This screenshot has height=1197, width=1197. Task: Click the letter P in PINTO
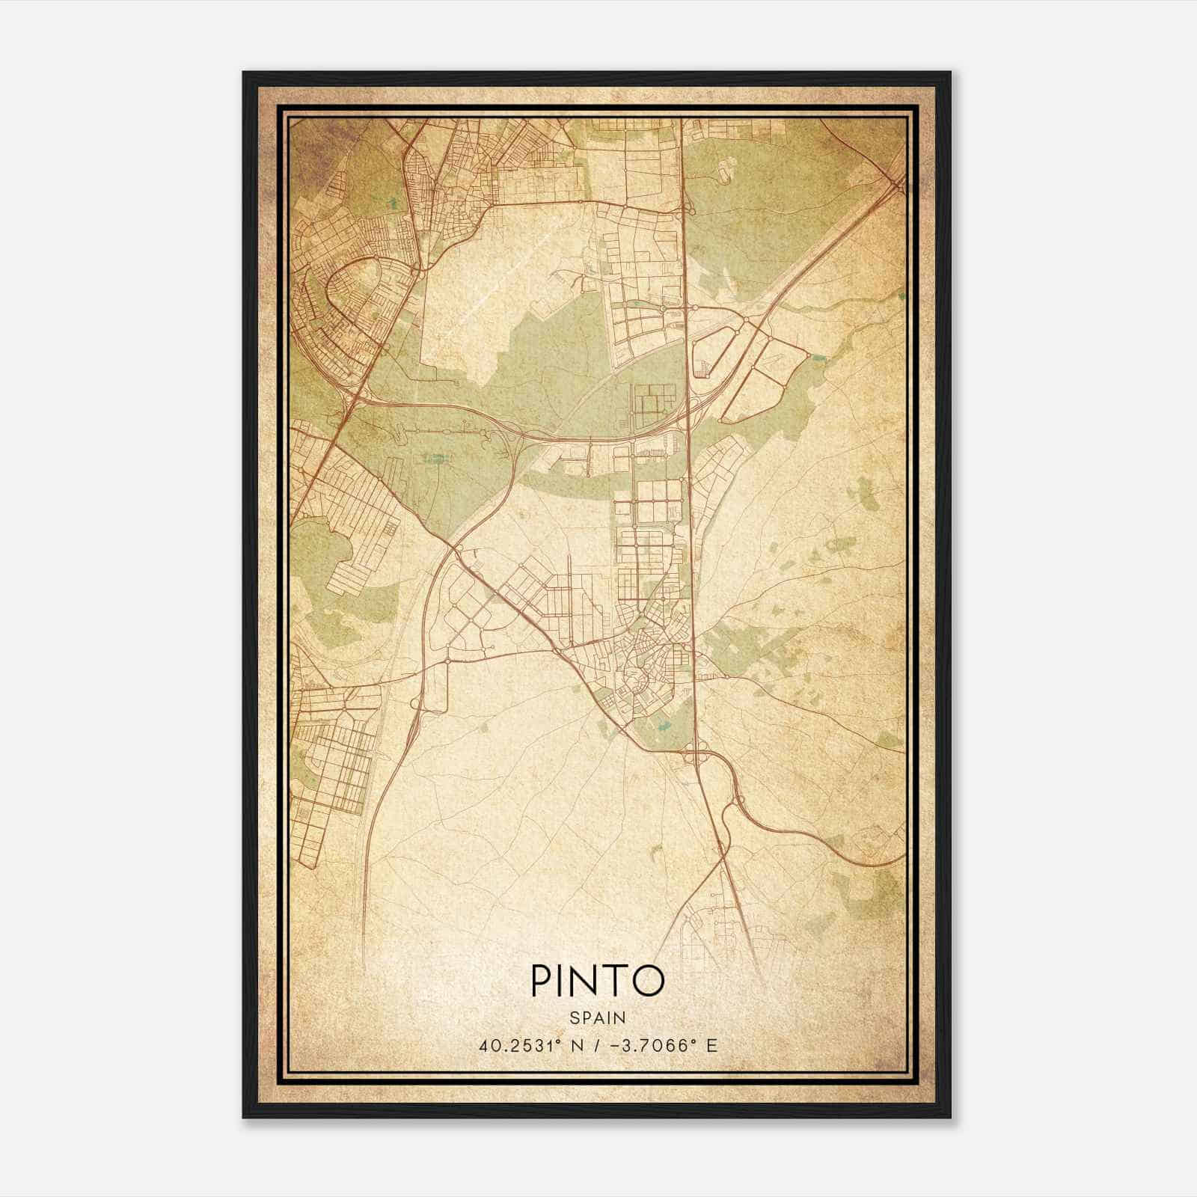(x=542, y=981)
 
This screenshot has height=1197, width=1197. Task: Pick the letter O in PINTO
(x=649, y=981)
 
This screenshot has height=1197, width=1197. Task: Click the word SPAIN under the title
(x=597, y=1017)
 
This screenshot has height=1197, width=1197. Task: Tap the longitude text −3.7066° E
(x=664, y=1045)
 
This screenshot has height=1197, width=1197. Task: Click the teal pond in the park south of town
(x=661, y=723)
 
